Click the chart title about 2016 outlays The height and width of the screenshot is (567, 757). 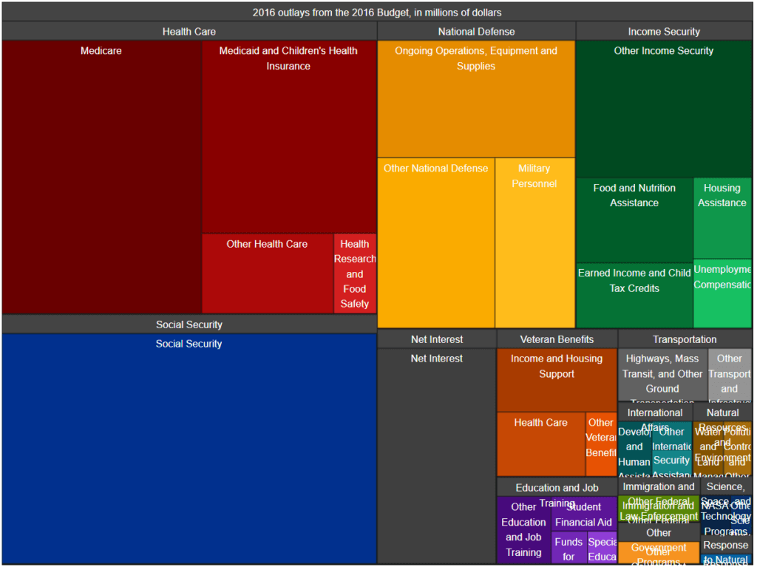coord(377,13)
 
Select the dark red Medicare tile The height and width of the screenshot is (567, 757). coord(101,177)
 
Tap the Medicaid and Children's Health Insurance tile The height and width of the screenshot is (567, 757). coord(288,137)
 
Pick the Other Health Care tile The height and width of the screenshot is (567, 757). coord(267,274)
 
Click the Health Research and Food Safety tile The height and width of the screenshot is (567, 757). coord(355,274)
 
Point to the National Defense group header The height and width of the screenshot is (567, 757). coord(476,32)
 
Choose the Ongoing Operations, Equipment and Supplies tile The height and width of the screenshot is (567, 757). coord(476,99)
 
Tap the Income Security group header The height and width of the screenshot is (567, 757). coord(664,32)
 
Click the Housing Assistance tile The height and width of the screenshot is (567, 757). coord(722,217)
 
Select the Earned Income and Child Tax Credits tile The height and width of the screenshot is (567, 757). coord(634,295)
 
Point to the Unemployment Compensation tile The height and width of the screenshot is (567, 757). coord(722,293)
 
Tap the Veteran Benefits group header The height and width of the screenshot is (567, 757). coord(557,339)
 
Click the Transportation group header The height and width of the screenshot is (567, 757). coord(685,339)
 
